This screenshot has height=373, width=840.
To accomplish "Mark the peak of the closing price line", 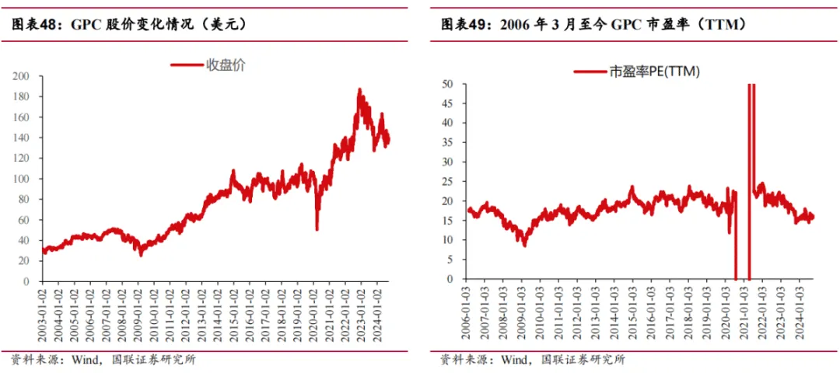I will click(359, 89).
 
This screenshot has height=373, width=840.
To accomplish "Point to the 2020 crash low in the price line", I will click(317, 229).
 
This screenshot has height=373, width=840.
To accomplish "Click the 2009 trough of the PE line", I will click(525, 246).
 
